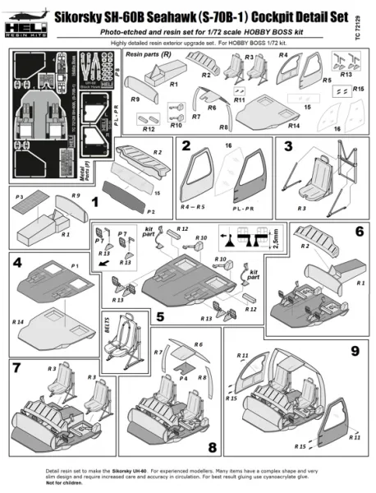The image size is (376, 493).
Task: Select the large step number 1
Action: click(x=95, y=200)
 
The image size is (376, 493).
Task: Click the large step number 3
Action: click(x=288, y=147)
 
